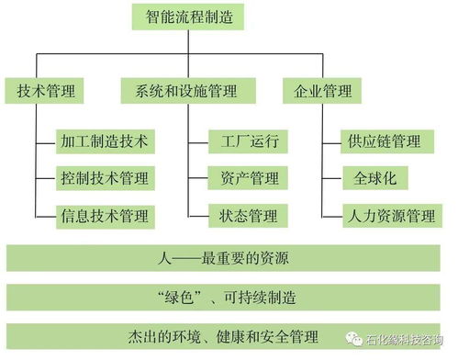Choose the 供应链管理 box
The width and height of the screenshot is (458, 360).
385,142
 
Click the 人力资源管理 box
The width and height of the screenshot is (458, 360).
391,216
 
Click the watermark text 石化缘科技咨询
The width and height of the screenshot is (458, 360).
405,341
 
